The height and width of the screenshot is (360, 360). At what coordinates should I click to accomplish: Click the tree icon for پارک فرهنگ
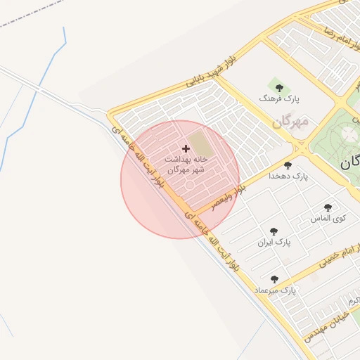click(279, 89)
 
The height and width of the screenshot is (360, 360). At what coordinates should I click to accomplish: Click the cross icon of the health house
click(186, 148)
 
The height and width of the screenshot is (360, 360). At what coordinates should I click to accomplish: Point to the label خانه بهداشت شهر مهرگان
click(186, 165)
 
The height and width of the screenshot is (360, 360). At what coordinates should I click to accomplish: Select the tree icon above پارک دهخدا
click(288, 165)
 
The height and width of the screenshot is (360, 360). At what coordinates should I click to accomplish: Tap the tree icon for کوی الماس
click(328, 207)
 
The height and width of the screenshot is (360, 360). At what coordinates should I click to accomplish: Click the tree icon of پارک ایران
click(274, 231)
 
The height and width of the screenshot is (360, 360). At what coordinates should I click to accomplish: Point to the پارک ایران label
click(274, 243)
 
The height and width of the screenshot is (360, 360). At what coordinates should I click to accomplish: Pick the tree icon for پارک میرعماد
click(274, 279)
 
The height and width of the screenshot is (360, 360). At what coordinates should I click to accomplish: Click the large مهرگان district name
click(290, 122)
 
